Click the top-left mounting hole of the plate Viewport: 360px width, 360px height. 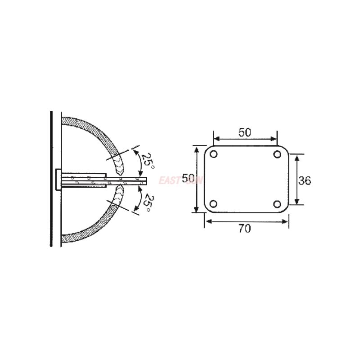[214, 154]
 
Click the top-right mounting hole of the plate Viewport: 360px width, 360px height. [277, 154]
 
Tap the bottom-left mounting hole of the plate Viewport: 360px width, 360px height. [214, 203]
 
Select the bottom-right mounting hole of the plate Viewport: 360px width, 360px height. [277, 203]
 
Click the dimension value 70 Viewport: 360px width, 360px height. [245, 229]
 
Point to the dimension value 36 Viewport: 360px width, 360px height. [305, 180]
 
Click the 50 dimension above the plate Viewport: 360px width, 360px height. [245, 132]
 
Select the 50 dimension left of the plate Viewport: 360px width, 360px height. [188, 179]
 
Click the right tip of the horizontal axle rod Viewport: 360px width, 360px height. [147, 181]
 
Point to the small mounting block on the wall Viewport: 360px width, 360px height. [57, 180]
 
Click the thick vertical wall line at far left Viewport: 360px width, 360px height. [51, 180]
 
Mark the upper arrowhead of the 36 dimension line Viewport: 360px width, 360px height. [297, 157]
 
